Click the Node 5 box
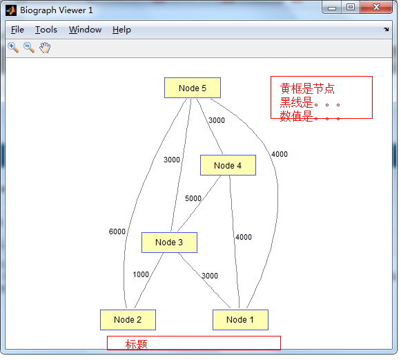tap(193, 88)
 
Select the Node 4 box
tap(228, 165)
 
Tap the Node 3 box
tap(169, 243)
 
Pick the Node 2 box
tap(128, 320)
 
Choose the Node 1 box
tap(240, 320)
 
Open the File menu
tap(17, 30)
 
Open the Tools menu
tap(46, 30)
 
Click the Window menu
tap(85, 30)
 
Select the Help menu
tap(121, 30)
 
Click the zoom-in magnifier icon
tap(13, 48)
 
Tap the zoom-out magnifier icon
tap(29, 48)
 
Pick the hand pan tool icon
tap(45, 48)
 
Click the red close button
tap(376, 7)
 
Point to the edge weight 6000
tap(117, 231)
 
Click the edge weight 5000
tap(193, 198)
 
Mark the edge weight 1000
tap(141, 274)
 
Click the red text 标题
tap(136, 344)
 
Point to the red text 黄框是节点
tap(307, 88)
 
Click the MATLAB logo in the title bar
tap(11, 10)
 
